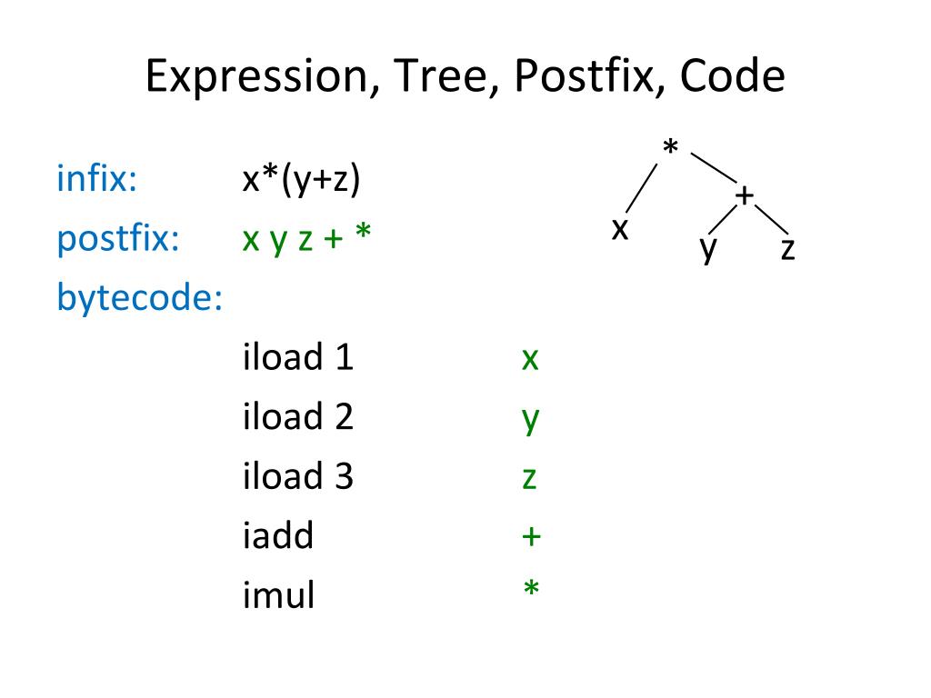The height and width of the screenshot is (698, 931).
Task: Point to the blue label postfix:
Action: pos(117,238)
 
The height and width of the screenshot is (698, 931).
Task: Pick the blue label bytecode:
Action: pos(140,298)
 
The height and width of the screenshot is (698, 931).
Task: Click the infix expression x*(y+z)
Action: pos(302,179)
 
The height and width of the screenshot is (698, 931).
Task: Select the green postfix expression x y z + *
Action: pos(306,239)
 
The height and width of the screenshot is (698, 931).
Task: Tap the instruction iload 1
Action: pos(297,358)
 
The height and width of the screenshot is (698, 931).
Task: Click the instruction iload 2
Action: pos(297,417)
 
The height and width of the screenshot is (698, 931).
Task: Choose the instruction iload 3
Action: pos(297,477)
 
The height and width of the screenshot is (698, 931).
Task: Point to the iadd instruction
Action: pos(277,536)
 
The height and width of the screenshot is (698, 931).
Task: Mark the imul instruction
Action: pos(278,596)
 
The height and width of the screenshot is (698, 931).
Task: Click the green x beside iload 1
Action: pos(530,360)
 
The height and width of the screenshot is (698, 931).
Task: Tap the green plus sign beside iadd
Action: pos(531,537)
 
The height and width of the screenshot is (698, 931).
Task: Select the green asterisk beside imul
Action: pos(531,592)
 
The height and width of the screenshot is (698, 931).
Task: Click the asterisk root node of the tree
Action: pos(671,146)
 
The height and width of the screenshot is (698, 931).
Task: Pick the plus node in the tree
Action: pos(745,195)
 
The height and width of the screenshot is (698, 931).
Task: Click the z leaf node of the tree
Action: pos(787,250)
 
